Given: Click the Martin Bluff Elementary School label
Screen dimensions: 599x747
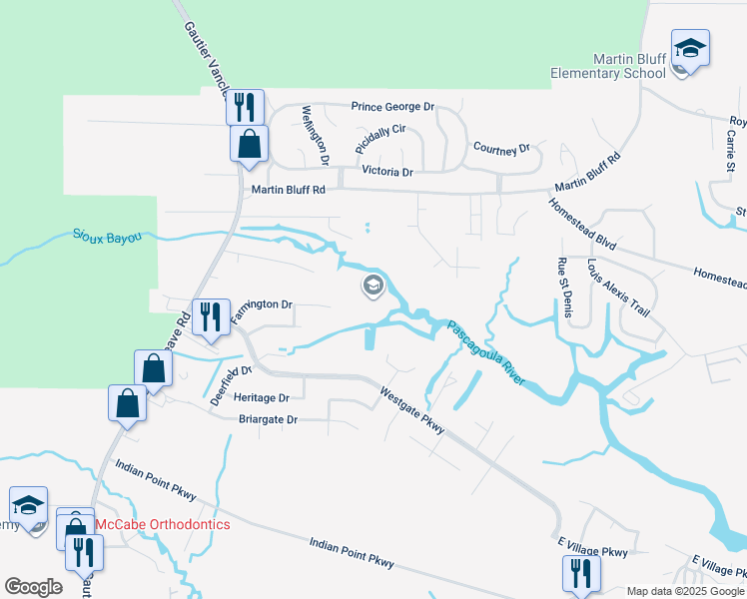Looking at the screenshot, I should coord(608,66).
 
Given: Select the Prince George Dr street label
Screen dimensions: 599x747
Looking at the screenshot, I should coord(392,106).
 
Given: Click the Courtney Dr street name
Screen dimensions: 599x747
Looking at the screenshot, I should coord(501,149).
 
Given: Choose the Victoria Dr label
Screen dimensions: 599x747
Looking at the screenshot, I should coord(386,172).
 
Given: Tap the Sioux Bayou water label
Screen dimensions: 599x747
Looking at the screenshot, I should coord(107,237).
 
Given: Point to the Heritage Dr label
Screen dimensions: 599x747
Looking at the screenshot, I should coord(261,397).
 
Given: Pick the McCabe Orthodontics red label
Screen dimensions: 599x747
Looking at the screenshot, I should coord(163,524).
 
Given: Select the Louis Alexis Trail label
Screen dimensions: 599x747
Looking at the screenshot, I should coord(618,289).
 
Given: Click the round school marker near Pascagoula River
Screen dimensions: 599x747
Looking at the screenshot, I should coord(373,288).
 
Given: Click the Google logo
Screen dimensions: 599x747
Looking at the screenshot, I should coord(33,587).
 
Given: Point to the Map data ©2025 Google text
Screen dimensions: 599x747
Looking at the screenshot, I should coord(684,591).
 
